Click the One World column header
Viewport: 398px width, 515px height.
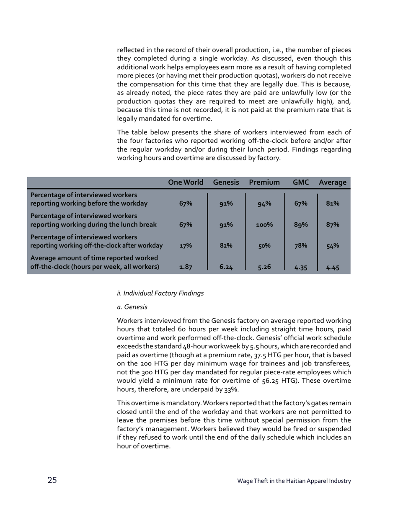tap(186, 182)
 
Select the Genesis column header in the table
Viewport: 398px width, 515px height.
tap(226, 182)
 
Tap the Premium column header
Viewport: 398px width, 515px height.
tap(264, 182)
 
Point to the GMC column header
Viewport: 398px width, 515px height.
tap(301, 182)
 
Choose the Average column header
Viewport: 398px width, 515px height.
tap(332, 182)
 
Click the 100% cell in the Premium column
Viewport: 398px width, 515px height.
tap(264, 225)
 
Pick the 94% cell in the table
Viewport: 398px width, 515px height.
tap(264, 204)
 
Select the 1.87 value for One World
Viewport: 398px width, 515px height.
tap(186, 268)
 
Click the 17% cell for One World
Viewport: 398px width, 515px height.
tap(186, 246)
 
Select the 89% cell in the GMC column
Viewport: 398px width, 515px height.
tap(301, 225)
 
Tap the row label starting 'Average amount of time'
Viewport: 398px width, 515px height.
tap(95, 263)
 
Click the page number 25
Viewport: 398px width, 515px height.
tap(52, 480)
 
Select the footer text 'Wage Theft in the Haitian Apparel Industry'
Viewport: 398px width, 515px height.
tap(294, 481)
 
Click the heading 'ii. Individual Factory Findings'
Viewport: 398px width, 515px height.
tap(160, 293)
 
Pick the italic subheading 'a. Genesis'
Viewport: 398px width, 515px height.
tap(132, 307)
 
